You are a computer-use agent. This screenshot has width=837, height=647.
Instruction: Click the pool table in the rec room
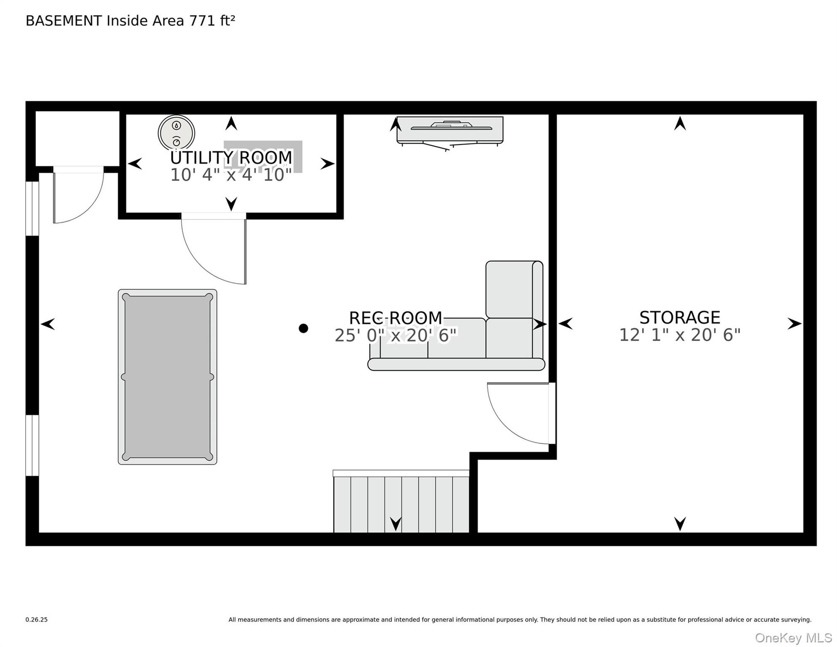(x=167, y=377)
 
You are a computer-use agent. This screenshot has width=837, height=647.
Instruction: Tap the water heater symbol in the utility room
(x=177, y=133)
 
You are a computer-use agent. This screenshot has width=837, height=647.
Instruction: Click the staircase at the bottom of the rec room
(x=401, y=502)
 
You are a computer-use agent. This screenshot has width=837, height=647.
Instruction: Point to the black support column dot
(x=303, y=328)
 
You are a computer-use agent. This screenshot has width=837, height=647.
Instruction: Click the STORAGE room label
(x=680, y=317)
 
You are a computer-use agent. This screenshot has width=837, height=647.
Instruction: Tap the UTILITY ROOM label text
(x=231, y=157)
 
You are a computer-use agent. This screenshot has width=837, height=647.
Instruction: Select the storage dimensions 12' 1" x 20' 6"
(x=680, y=335)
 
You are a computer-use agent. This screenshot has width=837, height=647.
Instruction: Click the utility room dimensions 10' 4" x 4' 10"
(x=231, y=175)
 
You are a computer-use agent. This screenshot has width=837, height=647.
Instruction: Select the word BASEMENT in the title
(x=64, y=21)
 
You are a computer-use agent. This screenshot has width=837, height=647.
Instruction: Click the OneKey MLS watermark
(x=793, y=638)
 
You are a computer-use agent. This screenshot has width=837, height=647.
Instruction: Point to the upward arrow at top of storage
(x=680, y=123)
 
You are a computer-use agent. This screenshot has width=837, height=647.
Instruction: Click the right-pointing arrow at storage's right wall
(x=794, y=324)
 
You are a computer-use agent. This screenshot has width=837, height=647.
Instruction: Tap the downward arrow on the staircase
(x=395, y=524)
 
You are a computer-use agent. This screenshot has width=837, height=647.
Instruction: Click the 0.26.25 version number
(x=37, y=620)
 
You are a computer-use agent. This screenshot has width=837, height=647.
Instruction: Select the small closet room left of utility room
(x=77, y=139)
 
